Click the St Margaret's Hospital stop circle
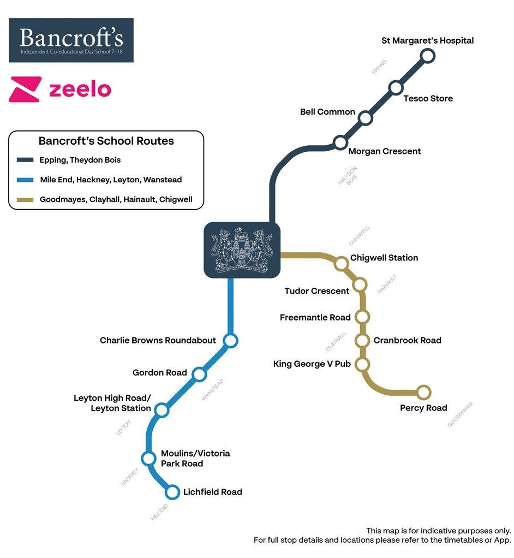pyautogui.click(x=428, y=56)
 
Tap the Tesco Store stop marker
pyautogui.click(x=396, y=87)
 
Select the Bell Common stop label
pyautogui.click(x=327, y=112)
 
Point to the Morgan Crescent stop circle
pyautogui.click(x=340, y=143)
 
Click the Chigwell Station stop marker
pyautogui.click(x=342, y=264)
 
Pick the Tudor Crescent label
pyautogui.click(x=317, y=291)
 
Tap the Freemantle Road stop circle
pyautogui.click(x=362, y=317)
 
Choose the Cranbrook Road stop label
pyautogui.click(x=407, y=340)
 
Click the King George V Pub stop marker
pyautogui.click(x=362, y=364)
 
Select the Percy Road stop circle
pyautogui.click(x=423, y=392)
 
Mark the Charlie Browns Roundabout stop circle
pyautogui.click(x=231, y=341)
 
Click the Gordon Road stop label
pyautogui.click(x=160, y=373)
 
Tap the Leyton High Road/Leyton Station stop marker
pyautogui.click(x=162, y=409)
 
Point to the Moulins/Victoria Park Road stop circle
pyautogui.click(x=148, y=458)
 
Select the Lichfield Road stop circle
pyautogui.click(x=172, y=492)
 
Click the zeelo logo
pyautogui.click(x=60, y=90)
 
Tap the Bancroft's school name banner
pyautogui.click(x=71, y=40)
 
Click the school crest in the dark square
pyautogui.click(x=242, y=250)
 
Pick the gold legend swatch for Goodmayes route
pyautogui.click(x=26, y=200)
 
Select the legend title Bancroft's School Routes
pyautogui.click(x=106, y=141)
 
